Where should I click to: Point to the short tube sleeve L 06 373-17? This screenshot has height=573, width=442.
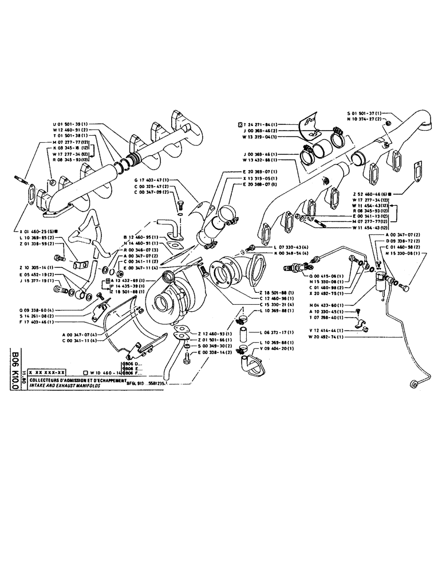(x=242, y=333)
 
